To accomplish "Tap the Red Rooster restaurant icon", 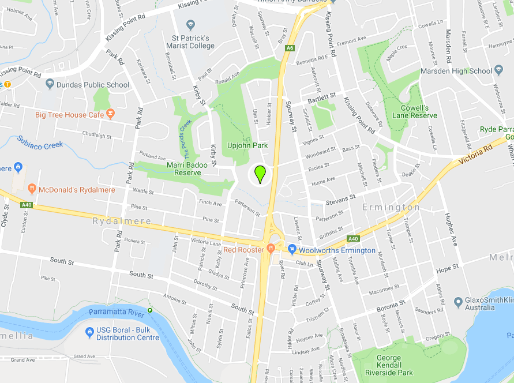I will (271, 249).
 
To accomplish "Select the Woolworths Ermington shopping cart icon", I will (292, 250).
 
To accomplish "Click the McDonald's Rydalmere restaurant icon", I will (32, 189).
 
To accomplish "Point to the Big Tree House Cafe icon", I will (111, 114).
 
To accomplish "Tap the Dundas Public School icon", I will (50, 84).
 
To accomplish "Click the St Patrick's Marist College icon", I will (191, 25).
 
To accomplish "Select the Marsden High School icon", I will (498, 71).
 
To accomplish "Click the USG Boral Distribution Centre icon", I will (89, 332).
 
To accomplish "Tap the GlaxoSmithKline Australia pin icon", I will (459, 301).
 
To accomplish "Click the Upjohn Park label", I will (247, 145).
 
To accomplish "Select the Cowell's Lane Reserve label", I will (419, 111).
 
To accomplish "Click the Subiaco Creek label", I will (40, 142).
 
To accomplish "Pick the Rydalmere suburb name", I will (122, 221).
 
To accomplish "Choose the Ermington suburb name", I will (391, 207).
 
